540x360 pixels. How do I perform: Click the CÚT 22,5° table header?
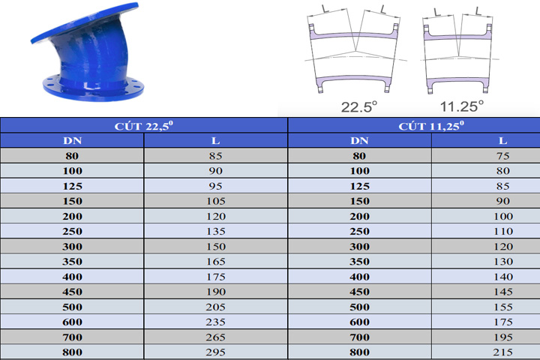(x=143, y=126)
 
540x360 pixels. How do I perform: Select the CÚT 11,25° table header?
(x=431, y=126)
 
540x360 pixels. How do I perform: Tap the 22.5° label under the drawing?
(x=358, y=106)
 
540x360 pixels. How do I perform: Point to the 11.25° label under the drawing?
(x=462, y=106)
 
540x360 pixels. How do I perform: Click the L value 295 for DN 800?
(x=215, y=352)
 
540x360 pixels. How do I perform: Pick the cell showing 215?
(x=503, y=352)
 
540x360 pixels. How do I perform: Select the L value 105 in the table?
(x=215, y=201)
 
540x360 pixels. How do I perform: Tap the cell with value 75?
(x=503, y=156)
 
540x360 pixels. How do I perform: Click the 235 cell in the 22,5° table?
(x=215, y=322)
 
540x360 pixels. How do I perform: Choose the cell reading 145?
(x=503, y=292)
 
